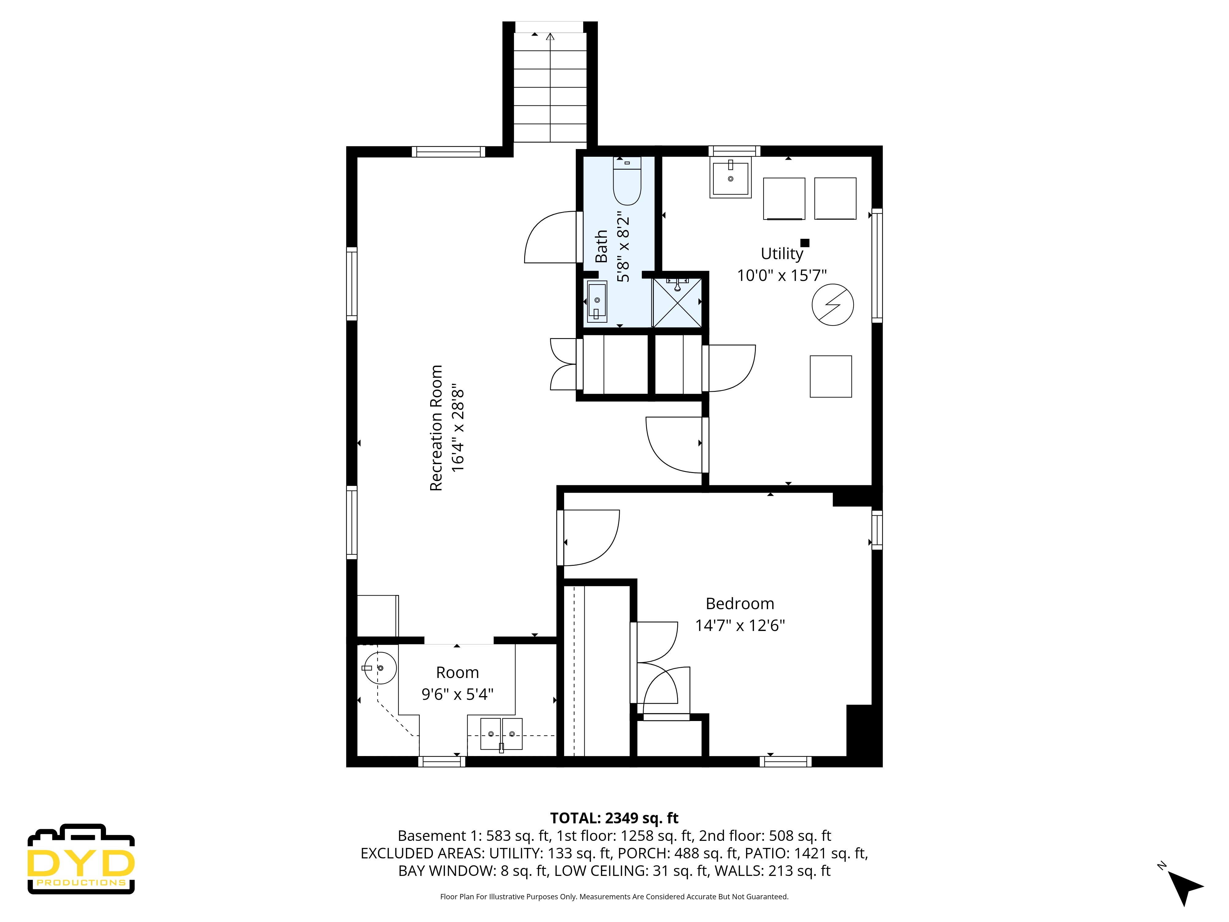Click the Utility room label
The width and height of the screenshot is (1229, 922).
coord(782,254)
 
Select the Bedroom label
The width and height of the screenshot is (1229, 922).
coord(740,604)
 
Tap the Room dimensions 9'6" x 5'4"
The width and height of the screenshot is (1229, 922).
coord(457,694)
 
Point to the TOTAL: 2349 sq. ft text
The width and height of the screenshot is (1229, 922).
coord(614,818)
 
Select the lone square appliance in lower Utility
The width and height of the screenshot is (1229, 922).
coord(830,376)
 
